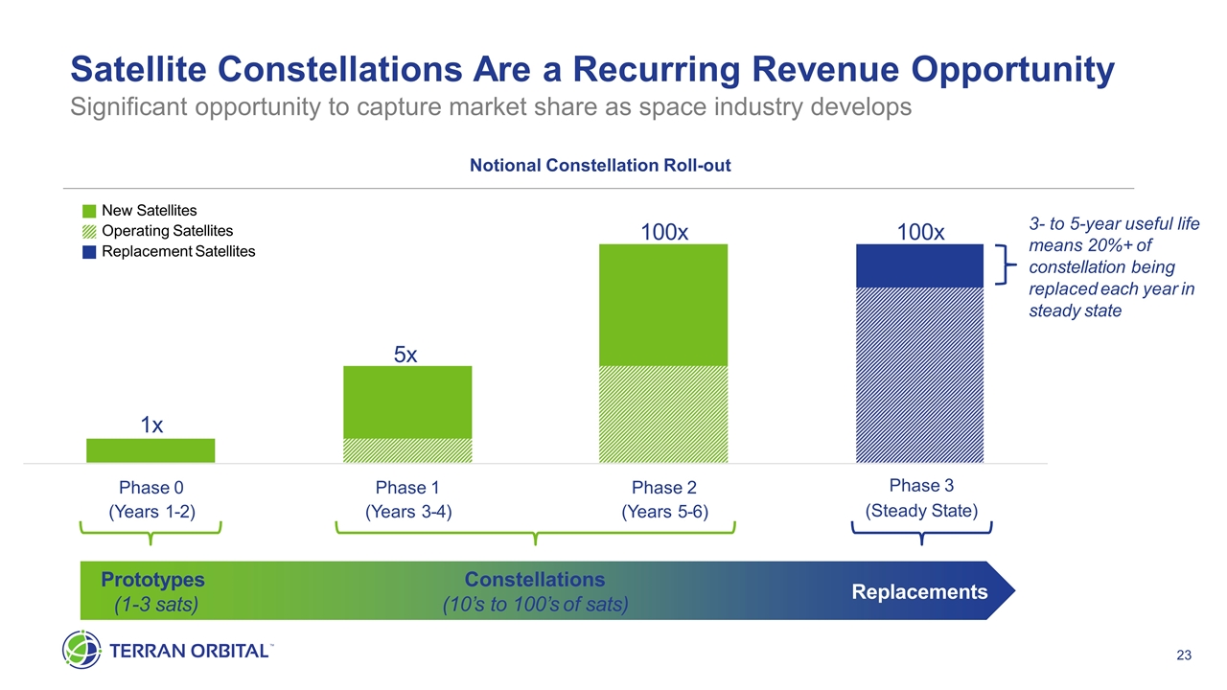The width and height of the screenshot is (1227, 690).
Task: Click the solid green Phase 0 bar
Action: point(150,450)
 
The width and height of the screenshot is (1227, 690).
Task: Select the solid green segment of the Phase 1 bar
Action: point(406,402)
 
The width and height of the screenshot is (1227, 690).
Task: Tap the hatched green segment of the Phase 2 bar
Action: point(663,414)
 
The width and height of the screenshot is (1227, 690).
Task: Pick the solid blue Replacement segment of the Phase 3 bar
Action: point(920,265)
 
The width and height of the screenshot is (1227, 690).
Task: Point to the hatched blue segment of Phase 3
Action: point(920,375)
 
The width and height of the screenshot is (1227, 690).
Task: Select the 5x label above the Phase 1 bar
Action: point(405,355)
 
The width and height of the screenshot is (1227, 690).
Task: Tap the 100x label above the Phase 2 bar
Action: point(663,233)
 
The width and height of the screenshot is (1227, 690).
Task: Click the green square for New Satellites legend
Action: point(88,211)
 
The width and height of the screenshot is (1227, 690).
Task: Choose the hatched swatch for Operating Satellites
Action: point(88,231)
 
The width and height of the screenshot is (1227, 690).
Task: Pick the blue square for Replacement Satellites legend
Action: point(88,252)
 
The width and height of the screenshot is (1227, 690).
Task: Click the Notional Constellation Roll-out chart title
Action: point(600,166)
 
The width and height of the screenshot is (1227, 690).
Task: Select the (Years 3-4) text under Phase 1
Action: point(408,512)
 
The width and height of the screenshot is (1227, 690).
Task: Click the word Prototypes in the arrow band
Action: point(152,579)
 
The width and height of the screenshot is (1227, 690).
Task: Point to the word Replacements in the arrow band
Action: point(919,591)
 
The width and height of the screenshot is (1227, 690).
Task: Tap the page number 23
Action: point(1183,655)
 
